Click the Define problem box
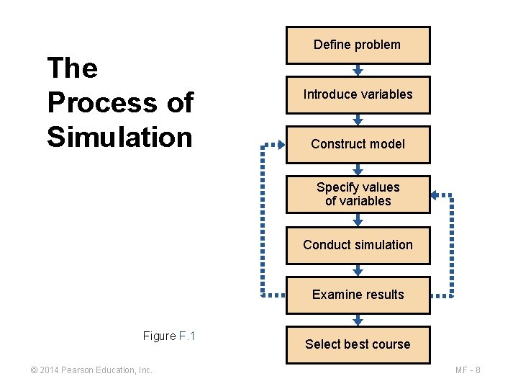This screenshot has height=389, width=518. tap(358, 45)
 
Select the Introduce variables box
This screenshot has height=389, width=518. tap(358, 94)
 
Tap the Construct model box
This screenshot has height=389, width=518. tap(358, 144)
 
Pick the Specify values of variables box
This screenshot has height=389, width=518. tap(358, 194)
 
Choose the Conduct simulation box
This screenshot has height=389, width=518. tap(358, 244)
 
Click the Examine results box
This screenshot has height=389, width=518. tap(358, 295)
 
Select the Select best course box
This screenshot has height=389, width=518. tap(358, 344)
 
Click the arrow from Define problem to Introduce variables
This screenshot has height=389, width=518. tap(358, 70)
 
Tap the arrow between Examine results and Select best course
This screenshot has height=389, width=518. tap(358, 320)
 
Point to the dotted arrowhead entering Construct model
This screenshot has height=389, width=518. tap(280, 145)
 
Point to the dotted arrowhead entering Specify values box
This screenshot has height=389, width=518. tap(436, 194)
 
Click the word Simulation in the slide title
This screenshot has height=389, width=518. tap(119, 136)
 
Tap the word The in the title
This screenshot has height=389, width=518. tap(72, 68)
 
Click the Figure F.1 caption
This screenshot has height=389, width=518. tap(169, 336)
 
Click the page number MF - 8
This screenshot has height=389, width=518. tap(468, 370)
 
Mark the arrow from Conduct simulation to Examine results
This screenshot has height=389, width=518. tap(358, 269)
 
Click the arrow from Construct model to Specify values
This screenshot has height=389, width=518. tap(358, 169)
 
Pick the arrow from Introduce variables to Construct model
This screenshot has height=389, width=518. tap(358, 120)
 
